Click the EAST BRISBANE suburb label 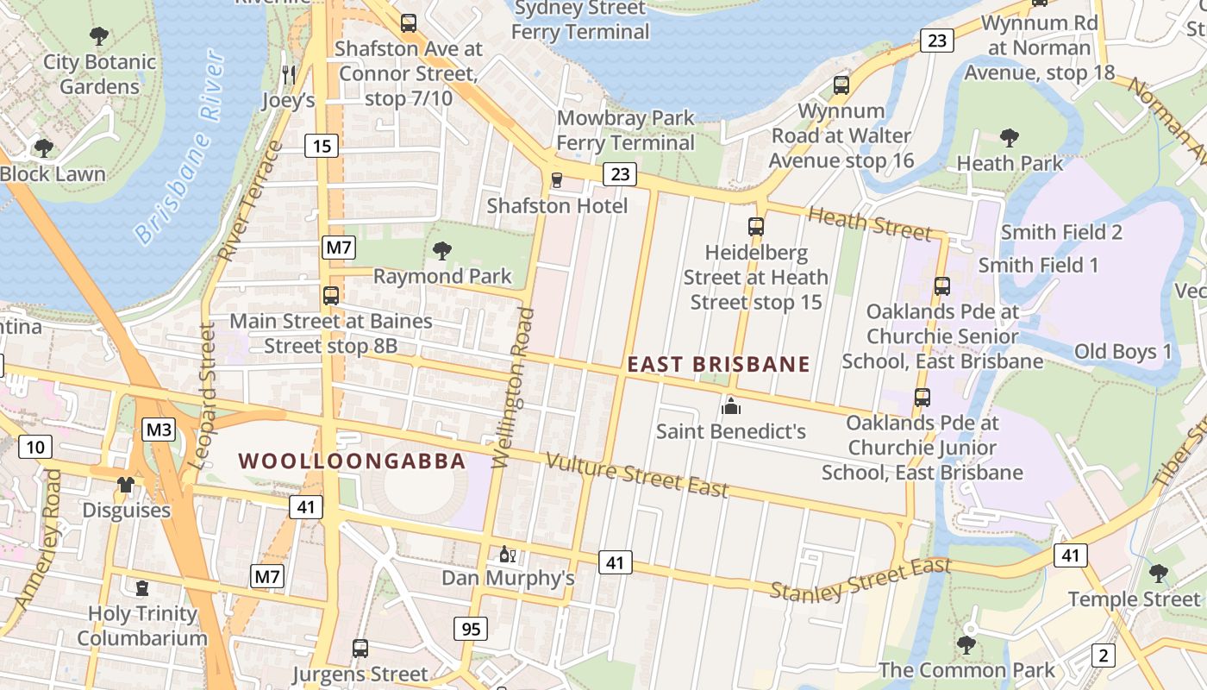tap(718, 364)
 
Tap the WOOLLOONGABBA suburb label tap(352, 461)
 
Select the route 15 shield tap(321, 147)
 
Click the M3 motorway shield tap(159, 430)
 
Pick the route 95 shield tap(471, 629)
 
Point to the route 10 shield tap(34, 447)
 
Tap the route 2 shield tap(1103, 655)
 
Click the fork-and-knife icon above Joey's tap(289, 75)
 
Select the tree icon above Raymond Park tap(442, 251)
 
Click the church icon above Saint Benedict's tap(731, 405)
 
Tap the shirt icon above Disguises tap(126, 485)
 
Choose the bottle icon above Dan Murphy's tap(507, 553)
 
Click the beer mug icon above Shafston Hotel tap(557, 180)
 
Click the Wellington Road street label tap(514, 388)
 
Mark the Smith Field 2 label tap(1061, 232)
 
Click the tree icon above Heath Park tap(1009, 137)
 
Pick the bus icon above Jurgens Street tap(360, 648)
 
